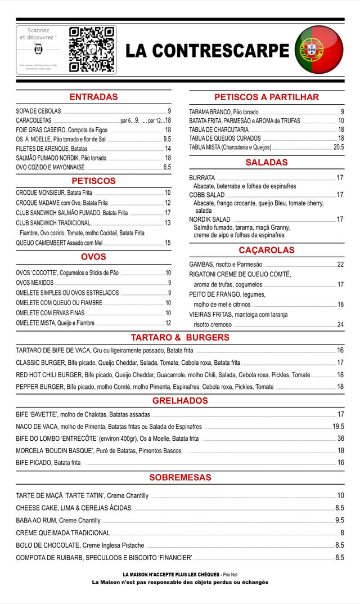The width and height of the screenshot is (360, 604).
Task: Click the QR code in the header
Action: [x=92, y=50]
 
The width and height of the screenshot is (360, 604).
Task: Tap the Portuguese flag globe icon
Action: [x=319, y=50]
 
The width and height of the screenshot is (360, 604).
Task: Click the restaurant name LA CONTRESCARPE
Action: [x=207, y=51]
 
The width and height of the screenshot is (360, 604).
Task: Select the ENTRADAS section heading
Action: [x=93, y=97]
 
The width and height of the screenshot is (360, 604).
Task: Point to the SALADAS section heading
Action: [x=267, y=163]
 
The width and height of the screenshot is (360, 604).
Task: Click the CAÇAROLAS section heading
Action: [x=267, y=250]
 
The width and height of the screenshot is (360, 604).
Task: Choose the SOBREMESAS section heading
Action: [x=180, y=477]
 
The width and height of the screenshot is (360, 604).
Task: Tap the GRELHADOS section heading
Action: [x=180, y=401]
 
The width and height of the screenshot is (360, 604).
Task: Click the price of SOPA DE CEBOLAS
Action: [x=169, y=111]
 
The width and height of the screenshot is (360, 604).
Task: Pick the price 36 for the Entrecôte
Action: [x=340, y=439]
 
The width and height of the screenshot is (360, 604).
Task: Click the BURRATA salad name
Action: [x=202, y=178]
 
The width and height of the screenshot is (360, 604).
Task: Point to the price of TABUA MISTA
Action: [x=338, y=147]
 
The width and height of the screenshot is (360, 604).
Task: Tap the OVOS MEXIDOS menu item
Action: [x=35, y=283]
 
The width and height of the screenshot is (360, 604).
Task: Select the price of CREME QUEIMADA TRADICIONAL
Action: [x=341, y=533]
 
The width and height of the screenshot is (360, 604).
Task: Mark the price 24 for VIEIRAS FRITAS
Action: [x=340, y=325]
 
